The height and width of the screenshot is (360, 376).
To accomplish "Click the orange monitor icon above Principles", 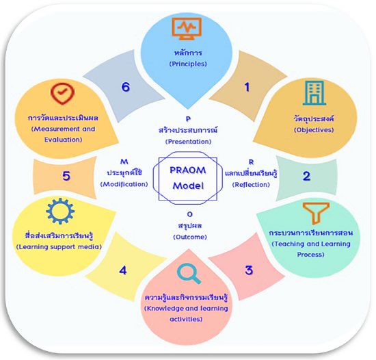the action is (x=187, y=29).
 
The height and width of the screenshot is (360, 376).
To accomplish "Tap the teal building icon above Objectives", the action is (x=314, y=93).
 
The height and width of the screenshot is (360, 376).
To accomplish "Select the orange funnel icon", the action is (x=316, y=213).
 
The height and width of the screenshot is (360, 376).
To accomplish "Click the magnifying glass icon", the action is (x=189, y=274).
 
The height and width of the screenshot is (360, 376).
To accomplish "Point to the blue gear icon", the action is (x=60, y=211).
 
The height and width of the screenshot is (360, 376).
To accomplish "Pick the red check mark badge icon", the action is (x=62, y=94).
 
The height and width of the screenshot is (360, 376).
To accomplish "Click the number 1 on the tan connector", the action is (x=247, y=87).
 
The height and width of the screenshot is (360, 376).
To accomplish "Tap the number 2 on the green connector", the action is (x=306, y=176).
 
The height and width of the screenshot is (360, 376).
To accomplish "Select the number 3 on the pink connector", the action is (x=249, y=270).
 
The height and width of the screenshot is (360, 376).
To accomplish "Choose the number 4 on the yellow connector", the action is (x=123, y=270).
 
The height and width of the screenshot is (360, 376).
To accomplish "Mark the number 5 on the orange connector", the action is (x=66, y=176).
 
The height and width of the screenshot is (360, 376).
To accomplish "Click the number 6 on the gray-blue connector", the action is (x=126, y=87).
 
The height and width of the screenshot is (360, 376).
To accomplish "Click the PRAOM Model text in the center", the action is (x=188, y=178).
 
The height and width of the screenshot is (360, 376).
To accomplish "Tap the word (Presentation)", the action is (x=188, y=142).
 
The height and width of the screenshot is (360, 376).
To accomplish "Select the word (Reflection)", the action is (x=251, y=185).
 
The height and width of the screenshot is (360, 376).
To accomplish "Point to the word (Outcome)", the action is (x=190, y=237).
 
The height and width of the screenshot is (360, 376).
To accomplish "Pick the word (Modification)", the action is (x=124, y=184).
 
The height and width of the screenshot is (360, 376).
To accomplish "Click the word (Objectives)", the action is (x=314, y=130).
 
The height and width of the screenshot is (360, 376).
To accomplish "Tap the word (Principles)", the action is (x=188, y=64).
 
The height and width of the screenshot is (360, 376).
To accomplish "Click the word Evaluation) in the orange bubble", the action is (x=64, y=140).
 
